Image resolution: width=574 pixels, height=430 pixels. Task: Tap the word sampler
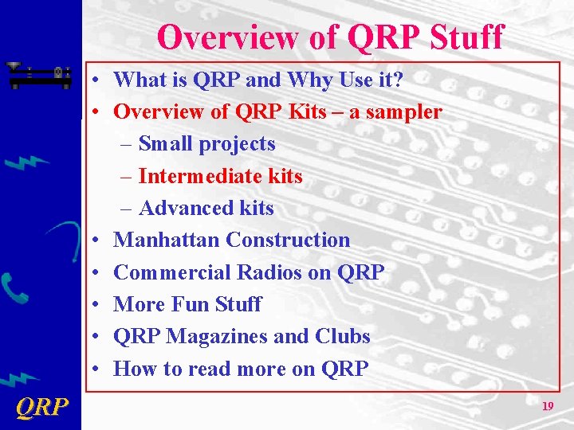click(x=403, y=112)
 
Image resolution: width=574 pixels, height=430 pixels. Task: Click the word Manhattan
click(x=167, y=240)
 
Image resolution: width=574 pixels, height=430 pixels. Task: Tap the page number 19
click(x=548, y=406)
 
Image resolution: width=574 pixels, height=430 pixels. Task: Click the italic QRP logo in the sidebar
click(x=41, y=408)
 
